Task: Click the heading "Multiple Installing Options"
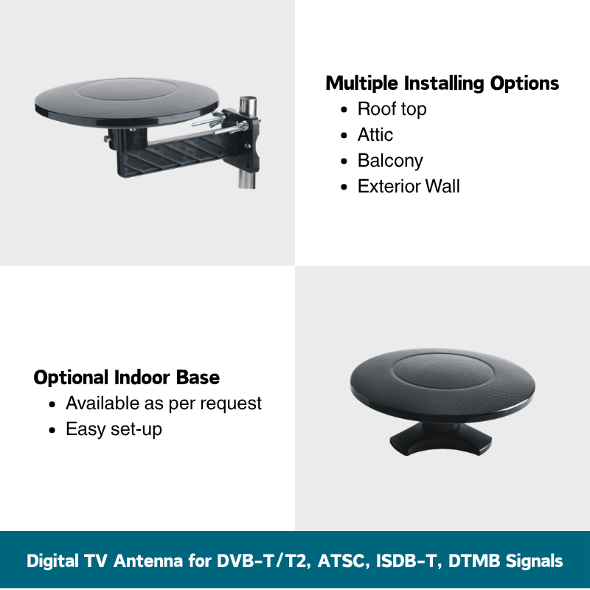tap(442, 83)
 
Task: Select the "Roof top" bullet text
tap(392, 109)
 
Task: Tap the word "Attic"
tap(375, 135)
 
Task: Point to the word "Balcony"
tap(390, 161)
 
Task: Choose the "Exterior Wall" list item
tap(409, 187)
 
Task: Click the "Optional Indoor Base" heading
tap(126, 378)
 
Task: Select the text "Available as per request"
tap(163, 403)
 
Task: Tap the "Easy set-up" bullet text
tap(114, 429)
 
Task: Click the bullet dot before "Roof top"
tap(344, 110)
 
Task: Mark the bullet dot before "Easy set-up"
tap(52, 430)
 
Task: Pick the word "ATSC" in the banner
tap(341, 560)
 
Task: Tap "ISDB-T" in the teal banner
tap(409, 560)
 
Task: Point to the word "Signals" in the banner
tap(534, 561)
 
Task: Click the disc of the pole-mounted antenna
tap(126, 101)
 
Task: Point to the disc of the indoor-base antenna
tap(442, 383)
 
